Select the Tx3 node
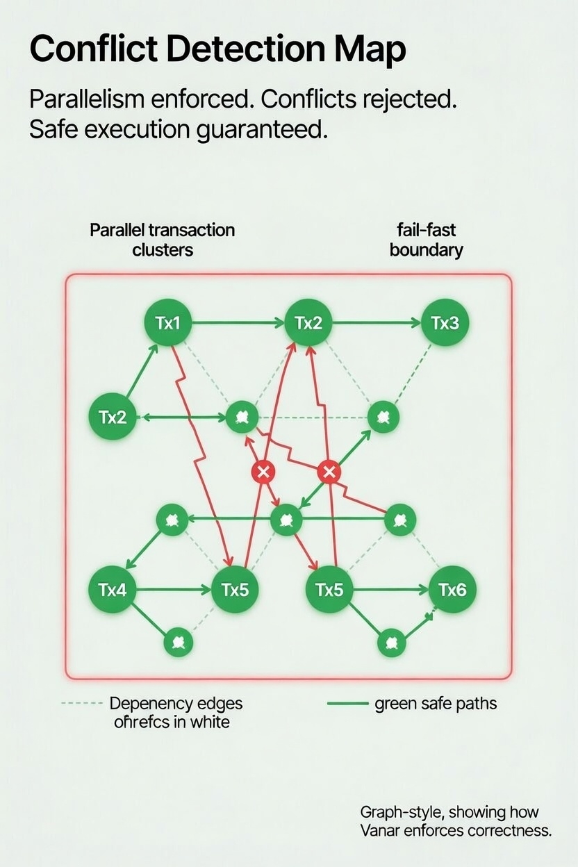point(445,323)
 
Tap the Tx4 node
point(113,591)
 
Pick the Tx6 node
point(452,591)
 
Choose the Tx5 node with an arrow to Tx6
point(329,591)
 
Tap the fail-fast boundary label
point(426,240)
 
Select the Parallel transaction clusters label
point(163,240)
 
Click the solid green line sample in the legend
point(347,704)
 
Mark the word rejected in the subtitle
point(406,99)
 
